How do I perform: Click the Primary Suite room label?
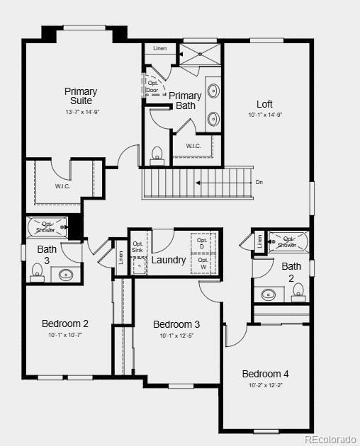(81, 96)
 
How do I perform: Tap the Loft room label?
(264, 104)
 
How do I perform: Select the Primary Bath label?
(185, 101)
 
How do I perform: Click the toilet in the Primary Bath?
(157, 154)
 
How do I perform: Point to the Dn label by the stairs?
(259, 183)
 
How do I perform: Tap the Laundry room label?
(169, 260)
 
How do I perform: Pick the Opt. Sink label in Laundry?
(137, 247)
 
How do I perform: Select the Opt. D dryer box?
(202, 243)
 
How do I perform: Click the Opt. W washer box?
(203, 263)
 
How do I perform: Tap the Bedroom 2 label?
(65, 324)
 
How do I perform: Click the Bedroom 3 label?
(176, 324)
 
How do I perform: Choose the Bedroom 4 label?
(265, 374)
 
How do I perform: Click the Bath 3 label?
(47, 253)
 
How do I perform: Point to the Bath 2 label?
(291, 271)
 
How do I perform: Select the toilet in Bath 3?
(38, 271)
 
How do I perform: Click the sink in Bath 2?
(269, 293)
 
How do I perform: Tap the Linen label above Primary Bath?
(160, 48)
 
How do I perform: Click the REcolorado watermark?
(331, 439)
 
